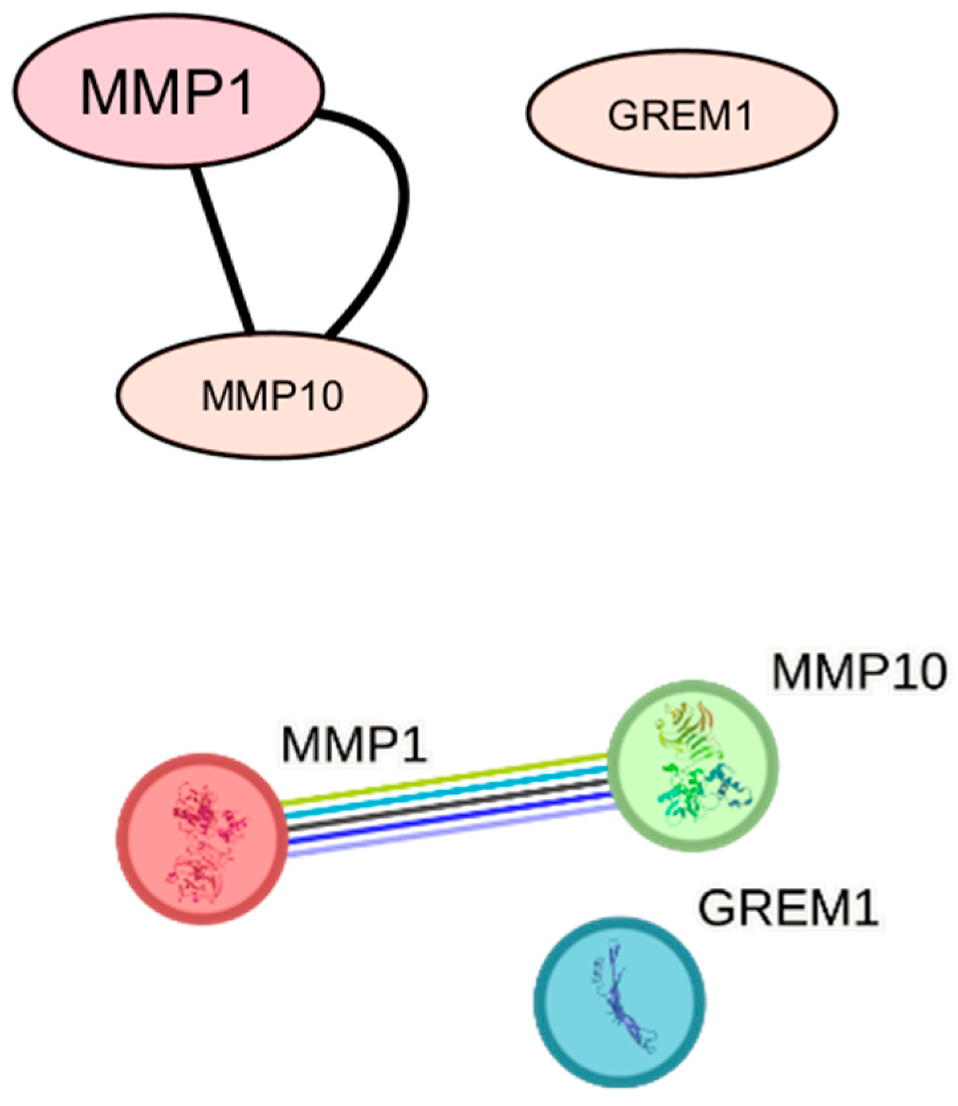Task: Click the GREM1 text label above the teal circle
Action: tap(788, 908)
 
